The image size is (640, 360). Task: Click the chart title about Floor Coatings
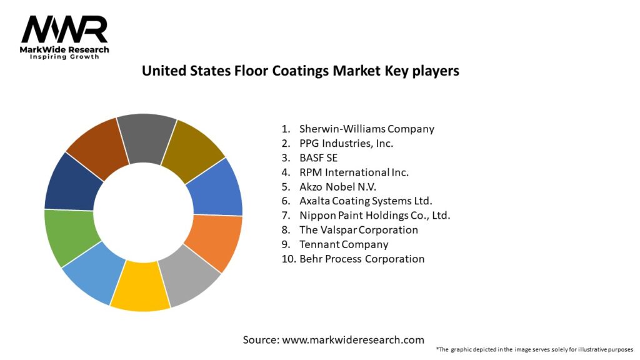click(300, 71)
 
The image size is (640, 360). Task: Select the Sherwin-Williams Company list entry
click(366, 129)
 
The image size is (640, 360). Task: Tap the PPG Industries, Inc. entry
click(346, 143)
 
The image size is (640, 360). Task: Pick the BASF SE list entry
click(318, 157)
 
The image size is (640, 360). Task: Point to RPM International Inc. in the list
click(354, 172)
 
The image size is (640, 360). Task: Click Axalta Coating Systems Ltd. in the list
click(366, 201)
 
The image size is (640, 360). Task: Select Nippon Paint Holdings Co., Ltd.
click(374, 215)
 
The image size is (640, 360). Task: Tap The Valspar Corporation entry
click(359, 229)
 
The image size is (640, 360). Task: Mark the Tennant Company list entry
click(344, 244)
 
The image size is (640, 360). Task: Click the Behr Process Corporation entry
click(362, 258)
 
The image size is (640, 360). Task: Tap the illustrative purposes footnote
click(534, 349)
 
